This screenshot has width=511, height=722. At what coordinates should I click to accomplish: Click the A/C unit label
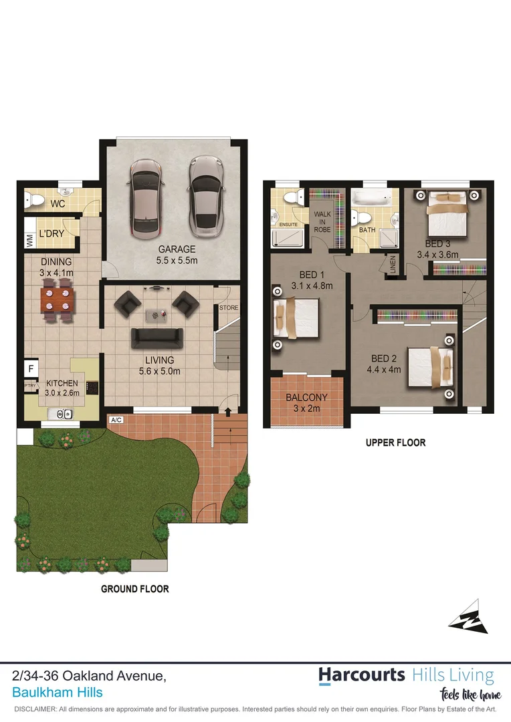(x=116, y=420)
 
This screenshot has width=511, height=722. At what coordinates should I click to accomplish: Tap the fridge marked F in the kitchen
(x=31, y=367)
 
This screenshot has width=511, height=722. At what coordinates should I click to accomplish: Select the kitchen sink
(x=66, y=414)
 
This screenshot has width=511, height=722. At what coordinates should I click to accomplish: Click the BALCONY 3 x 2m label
(x=306, y=403)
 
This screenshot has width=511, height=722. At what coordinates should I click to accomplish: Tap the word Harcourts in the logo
(x=361, y=675)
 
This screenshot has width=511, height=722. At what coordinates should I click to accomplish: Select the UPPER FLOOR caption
(x=395, y=443)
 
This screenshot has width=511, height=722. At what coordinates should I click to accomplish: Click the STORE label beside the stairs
(x=229, y=308)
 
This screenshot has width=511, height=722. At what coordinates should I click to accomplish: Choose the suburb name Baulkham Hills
(x=58, y=693)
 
